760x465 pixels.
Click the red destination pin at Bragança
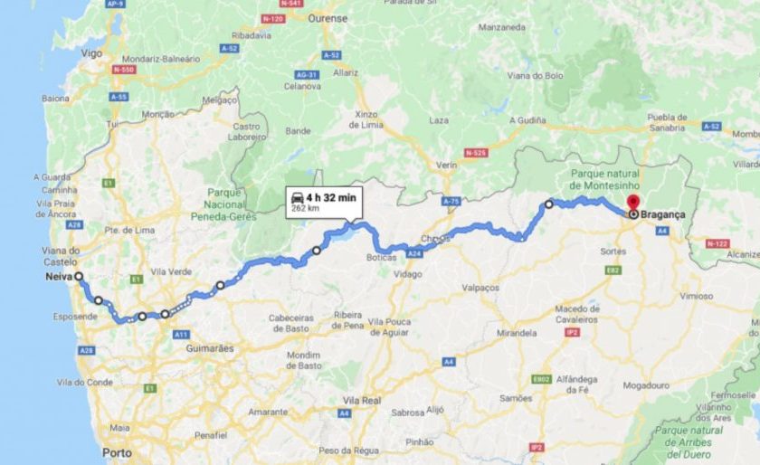click(x=633, y=203)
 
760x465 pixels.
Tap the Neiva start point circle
click(x=79, y=277)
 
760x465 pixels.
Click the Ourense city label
click(x=327, y=17)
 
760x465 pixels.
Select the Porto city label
click(x=117, y=451)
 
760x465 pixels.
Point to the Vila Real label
click(x=365, y=399)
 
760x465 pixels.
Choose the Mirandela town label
click(x=518, y=333)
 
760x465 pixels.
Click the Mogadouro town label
click(x=646, y=384)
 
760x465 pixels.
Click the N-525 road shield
click(x=475, y=153)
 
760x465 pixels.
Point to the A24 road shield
click(x=415, y=255)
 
